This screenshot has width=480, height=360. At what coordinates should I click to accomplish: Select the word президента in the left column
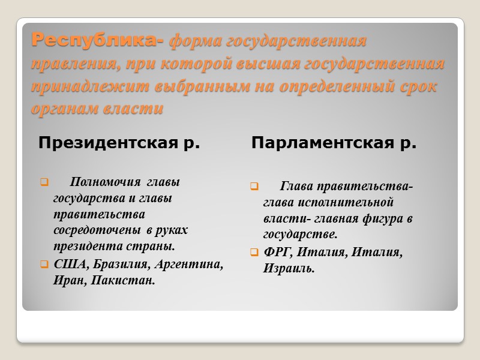tap(84, 247)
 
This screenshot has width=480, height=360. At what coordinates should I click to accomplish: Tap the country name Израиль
tap(288, 268)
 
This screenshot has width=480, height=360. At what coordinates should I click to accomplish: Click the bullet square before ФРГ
tap(254, 252)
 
